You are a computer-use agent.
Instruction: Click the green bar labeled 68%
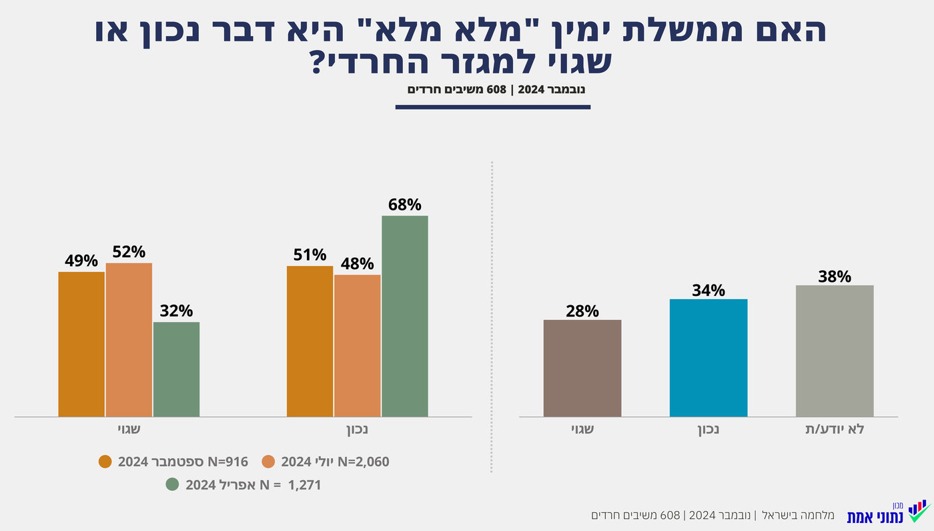click(404, 316)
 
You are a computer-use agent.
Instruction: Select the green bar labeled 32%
click(176, 369)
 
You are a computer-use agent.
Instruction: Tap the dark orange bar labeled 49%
click(81, 344)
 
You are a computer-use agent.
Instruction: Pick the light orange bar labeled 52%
click(129, 339)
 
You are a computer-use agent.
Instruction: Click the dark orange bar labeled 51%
click(310, 341)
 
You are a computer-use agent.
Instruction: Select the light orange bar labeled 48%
click(357, 345)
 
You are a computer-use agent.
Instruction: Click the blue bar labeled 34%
click(709, 357)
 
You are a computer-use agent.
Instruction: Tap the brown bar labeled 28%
click(582, 368)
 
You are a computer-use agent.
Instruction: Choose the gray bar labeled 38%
click(835, 351)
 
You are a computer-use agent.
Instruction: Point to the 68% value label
click(404, 204)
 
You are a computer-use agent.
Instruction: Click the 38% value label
click(835, 276)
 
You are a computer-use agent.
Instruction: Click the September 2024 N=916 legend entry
click(173, 462)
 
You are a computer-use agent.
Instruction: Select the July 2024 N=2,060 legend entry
click(326, 462)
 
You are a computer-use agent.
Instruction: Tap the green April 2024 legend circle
click(172, 485)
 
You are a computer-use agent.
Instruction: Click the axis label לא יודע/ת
click(835, 429)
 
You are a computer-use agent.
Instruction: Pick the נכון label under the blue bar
click(709, 429)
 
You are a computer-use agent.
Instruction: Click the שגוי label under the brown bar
click(582, 429)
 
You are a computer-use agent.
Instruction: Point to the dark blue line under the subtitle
click(492, 107)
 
